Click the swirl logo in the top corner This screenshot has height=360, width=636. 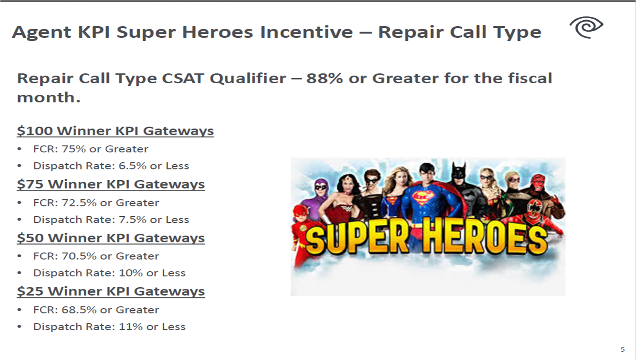coord(587,27)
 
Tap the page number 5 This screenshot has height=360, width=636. coord(623,350)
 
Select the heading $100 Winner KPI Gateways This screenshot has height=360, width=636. coord(115,131)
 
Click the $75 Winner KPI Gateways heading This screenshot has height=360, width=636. coord(111,184)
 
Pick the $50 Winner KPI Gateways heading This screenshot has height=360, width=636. coord(111,238)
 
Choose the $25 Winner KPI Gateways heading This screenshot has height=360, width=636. coord(111,291)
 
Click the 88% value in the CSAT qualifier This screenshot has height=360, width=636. coord(324,78)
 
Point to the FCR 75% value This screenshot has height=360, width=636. coord(73,149)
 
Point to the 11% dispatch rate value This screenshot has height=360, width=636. coord(131,327)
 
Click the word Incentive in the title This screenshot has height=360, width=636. coord(306,32)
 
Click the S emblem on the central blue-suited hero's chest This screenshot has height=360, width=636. coord(421,198)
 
